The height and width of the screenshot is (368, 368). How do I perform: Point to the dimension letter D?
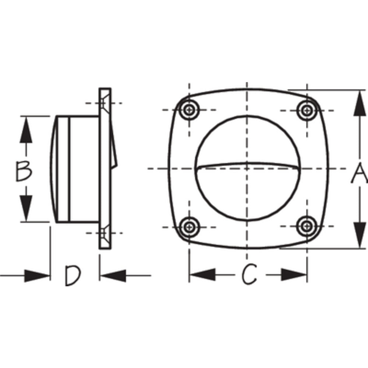pos(72,276)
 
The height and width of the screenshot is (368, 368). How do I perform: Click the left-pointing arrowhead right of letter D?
pos(113,275)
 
